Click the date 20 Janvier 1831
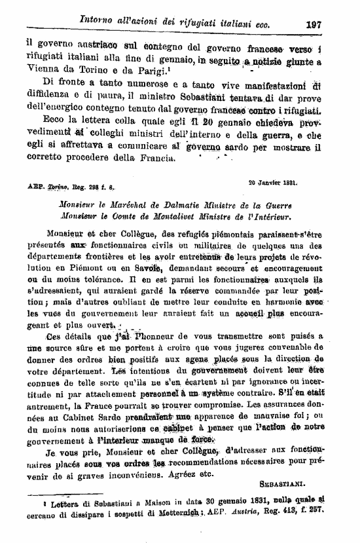272,183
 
